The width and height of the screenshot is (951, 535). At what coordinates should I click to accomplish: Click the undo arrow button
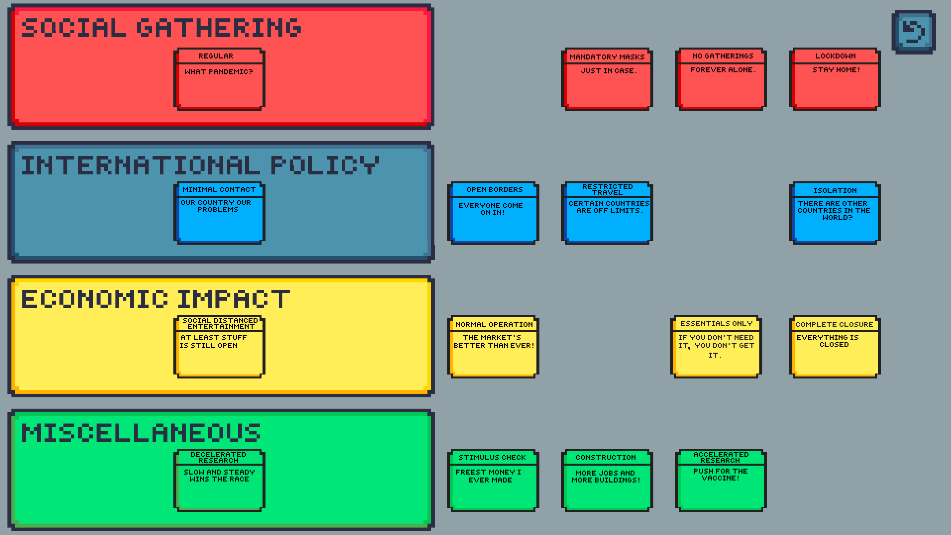click(913, 32)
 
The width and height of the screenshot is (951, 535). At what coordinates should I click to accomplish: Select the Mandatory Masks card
click(607, 79)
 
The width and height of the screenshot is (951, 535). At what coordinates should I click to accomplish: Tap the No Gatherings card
click(721, 79)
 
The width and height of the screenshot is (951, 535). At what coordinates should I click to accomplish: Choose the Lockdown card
click(835, 79)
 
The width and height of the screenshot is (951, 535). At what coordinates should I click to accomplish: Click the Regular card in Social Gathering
click(219, 79)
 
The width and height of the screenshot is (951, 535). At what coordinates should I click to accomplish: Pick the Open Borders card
click(493, 213)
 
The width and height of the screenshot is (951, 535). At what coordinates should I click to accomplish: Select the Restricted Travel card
click(607, 213)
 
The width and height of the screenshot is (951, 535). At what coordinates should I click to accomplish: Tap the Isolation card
click(835, 213)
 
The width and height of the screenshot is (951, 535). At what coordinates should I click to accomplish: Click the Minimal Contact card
click(219, 213)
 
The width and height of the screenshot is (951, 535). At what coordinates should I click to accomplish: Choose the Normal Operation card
click(493, 347)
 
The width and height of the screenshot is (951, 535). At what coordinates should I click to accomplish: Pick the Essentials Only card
click(716, 347)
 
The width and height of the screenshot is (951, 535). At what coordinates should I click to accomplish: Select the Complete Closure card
click(835, 347)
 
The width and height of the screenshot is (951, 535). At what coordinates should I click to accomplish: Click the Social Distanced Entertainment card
click(219, 347)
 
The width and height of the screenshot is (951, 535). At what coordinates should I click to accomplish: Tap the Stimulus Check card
click(493, 481)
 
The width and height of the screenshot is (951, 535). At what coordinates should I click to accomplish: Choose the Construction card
click(607, 481)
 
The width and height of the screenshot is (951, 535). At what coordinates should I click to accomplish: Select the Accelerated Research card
click(721, 481)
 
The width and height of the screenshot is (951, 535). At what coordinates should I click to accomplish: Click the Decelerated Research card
click(219, 481)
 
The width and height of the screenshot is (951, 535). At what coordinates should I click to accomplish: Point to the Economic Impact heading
click(156, 299)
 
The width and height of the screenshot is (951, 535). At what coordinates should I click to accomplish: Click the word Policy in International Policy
click(324, 165)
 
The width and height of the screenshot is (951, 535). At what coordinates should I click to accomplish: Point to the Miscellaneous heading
click(141, 433)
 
